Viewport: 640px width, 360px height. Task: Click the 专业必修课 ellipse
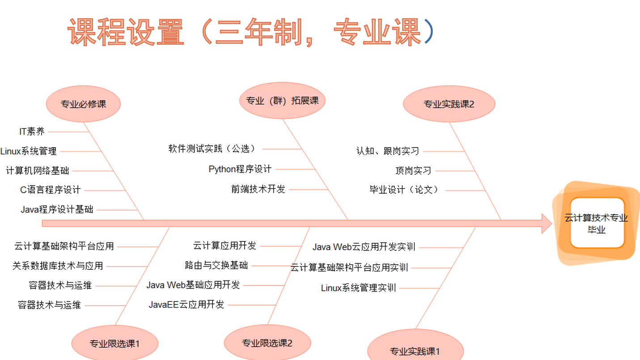83,104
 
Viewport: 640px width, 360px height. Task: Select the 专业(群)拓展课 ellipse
282,101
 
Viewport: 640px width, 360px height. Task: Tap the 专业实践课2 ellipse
449,104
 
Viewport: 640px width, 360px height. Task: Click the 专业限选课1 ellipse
114,343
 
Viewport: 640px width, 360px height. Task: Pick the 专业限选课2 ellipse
267,343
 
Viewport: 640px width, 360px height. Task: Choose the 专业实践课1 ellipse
415,351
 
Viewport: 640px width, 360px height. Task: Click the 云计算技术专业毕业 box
597,223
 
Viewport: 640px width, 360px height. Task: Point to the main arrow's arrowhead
547,223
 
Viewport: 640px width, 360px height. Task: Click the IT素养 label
32,131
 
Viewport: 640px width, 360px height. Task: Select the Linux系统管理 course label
29,151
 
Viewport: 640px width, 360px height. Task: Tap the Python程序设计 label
240,169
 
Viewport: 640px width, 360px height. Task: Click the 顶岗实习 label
413,170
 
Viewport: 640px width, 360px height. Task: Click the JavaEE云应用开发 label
186,305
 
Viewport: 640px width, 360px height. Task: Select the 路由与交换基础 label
216,265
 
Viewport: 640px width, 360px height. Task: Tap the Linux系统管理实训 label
358,288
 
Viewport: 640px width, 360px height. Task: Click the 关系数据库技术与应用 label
58,266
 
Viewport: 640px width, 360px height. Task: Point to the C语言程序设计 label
50,190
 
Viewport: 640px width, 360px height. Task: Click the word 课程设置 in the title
126,32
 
